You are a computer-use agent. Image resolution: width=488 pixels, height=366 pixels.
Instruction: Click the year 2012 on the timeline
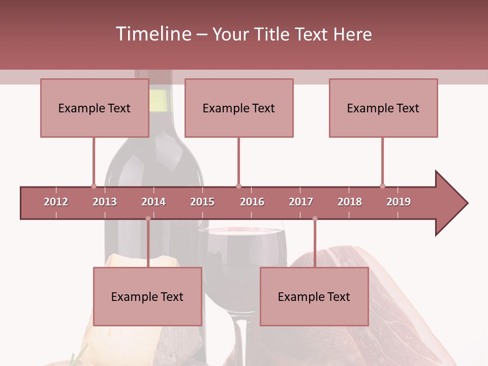click(x=56, y=202)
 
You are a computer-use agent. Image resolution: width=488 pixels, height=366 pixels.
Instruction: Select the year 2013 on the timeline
click(x=105, y=202)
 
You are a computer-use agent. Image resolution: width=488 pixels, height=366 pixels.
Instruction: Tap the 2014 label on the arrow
click(x=154, y=202)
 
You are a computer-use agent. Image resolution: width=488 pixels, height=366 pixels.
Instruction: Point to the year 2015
click(x=202, y=202)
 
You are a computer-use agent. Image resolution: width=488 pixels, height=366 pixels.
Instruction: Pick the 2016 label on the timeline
click(x=252, y=202)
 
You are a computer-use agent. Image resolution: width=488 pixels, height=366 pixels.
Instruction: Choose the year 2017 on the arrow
click(x=301, y=202)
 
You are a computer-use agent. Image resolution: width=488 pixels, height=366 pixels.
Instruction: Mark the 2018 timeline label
click(x=350, y=202)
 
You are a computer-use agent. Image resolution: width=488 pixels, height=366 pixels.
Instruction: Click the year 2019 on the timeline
click(x=399, y=202)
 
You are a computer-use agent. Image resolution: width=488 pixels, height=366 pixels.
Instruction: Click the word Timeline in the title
click(x=152, y=34)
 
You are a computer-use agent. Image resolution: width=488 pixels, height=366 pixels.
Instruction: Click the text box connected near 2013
click(x=95, y=108)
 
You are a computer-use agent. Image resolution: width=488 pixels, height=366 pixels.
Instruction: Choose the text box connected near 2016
click(x=239, y=108)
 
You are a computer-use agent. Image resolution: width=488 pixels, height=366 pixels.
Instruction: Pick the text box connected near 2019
click(x=383, y=108)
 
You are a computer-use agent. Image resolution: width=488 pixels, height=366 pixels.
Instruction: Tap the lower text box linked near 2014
click(x=147, y=296)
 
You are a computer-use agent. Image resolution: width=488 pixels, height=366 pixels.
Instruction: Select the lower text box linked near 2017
click(x=314, y=296)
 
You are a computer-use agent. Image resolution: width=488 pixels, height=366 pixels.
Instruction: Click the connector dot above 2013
click(x=94, y=186)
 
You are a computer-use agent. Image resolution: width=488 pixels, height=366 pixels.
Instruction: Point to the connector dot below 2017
click(x=315, y=219)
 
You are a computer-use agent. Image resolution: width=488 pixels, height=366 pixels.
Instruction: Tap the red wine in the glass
click(x=241, y=249)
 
